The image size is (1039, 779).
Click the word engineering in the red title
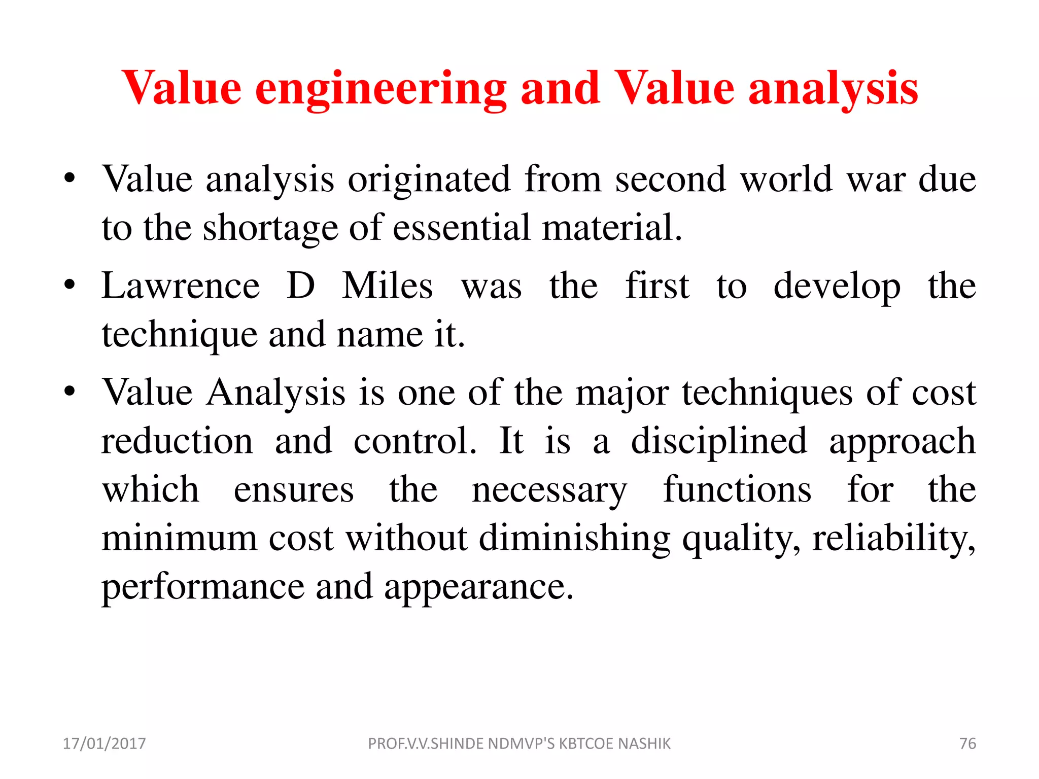380,89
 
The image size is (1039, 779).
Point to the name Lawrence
181,286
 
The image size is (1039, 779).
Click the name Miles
388,286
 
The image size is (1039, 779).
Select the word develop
837,287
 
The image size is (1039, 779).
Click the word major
622,393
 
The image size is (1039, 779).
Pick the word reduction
177,441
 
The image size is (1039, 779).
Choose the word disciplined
719,441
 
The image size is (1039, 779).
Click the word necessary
549,490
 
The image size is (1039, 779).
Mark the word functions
737,490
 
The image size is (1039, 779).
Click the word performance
203,587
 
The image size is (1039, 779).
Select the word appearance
478,587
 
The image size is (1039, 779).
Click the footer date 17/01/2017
104,743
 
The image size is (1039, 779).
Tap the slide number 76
967,743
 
